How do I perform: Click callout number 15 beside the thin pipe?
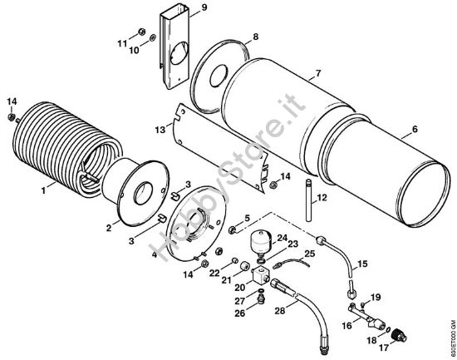(x=361, y=264)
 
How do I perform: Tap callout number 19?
(x=376, y=297)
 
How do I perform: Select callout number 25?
(x=309, y=254)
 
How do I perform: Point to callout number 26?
(x=238, y=313)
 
